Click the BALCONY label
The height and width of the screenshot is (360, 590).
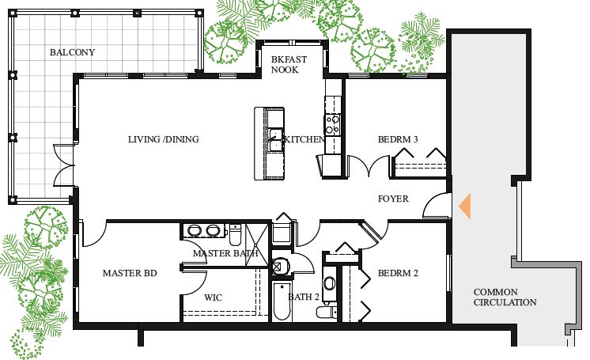72,52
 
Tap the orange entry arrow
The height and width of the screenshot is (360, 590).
465,206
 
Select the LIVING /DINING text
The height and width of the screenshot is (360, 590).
163,139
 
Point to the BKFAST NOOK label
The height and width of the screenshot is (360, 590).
289,64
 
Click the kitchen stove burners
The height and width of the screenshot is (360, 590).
333,125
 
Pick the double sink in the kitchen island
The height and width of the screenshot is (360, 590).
276,139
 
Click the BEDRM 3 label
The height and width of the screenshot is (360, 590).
398,139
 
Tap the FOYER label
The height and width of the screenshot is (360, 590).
393,199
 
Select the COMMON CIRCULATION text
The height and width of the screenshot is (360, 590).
505,297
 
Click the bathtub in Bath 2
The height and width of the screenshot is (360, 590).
282,301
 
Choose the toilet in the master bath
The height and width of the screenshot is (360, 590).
235,234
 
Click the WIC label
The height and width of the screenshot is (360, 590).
213,297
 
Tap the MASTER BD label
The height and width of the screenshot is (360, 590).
130,273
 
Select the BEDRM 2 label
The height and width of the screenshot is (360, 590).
398,273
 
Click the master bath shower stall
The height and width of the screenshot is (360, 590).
257,244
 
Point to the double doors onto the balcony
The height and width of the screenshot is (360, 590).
64,165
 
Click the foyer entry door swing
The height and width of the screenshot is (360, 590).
437,205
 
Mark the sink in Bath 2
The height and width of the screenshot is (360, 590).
330,283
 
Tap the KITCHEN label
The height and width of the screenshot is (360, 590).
304,139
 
